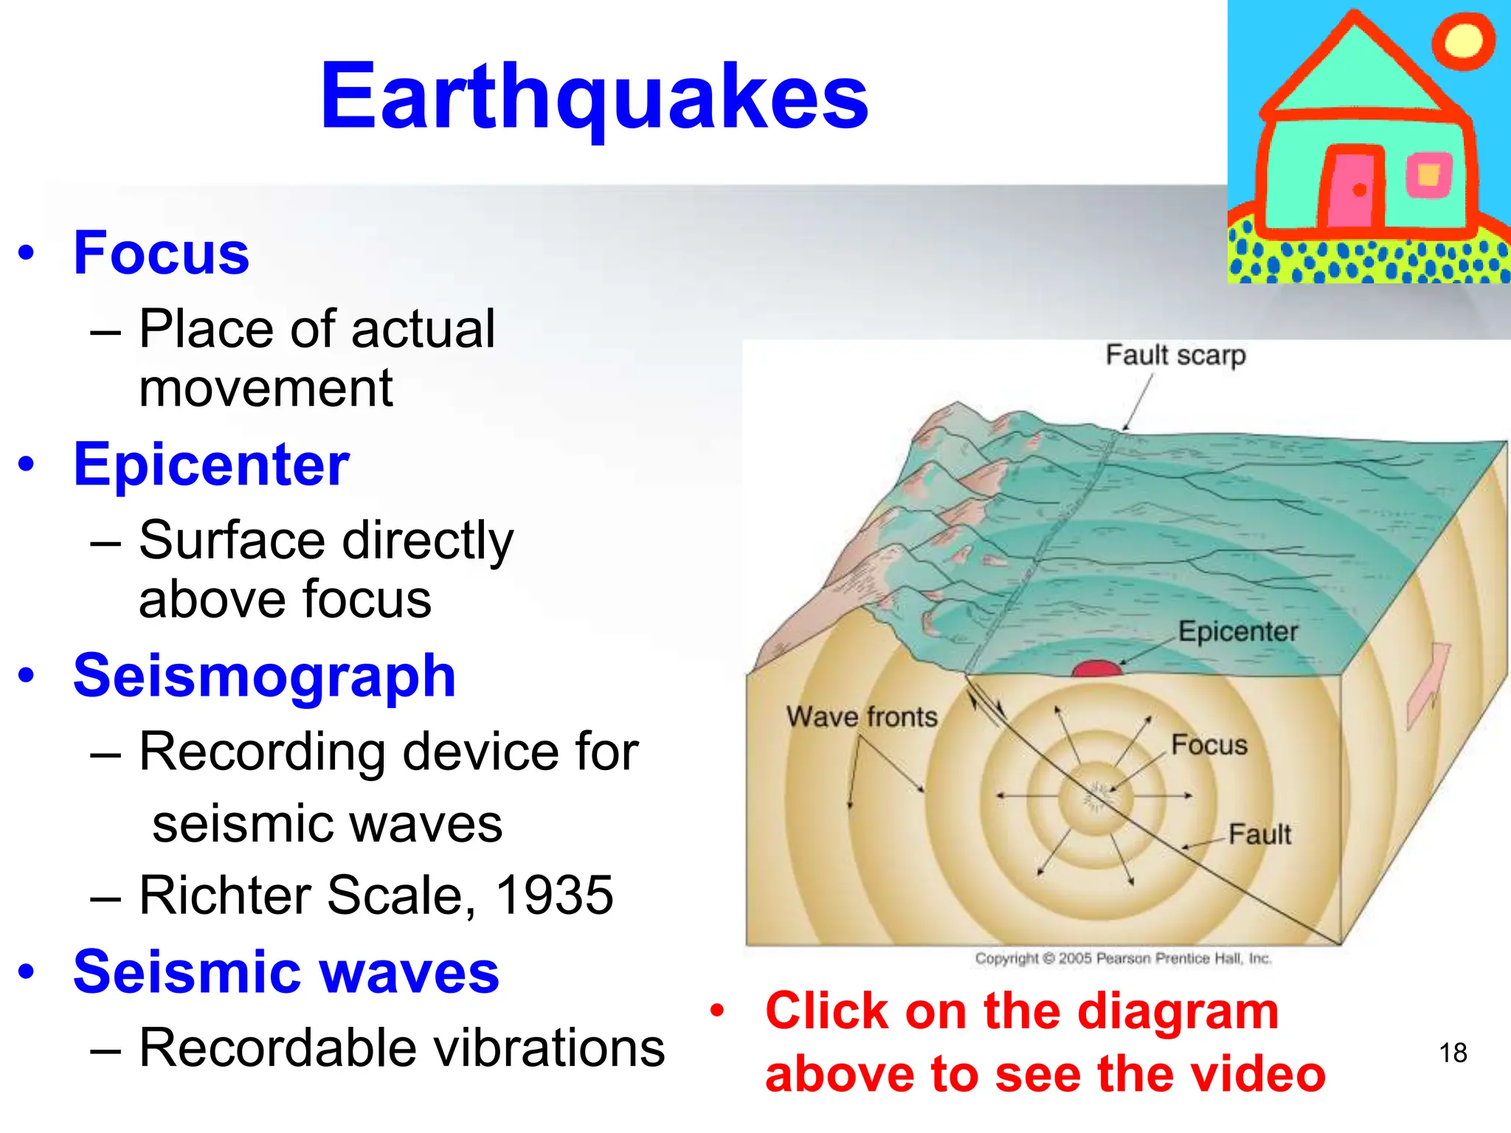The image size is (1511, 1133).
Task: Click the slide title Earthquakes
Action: point(594,96)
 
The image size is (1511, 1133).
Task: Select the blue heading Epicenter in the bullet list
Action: point(211,464)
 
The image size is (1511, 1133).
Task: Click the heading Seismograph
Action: point(264,676)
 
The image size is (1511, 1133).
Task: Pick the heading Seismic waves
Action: point(286,971)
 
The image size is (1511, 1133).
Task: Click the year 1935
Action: point(554,895)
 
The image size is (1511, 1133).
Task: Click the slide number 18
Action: point(1453,1053)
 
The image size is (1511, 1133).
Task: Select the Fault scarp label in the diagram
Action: point(1175,355)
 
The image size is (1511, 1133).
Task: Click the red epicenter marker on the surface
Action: point(1096,668)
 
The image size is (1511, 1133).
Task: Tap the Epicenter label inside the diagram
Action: point(1237,631)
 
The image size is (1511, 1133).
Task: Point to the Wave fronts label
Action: point(861,716)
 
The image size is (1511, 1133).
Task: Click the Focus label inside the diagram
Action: point(1209,745)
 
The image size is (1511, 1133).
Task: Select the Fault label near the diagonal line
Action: point(1259,834)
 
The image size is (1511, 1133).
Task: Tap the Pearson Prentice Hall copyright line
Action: point(1123,958)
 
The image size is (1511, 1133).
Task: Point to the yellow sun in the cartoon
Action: point(1463,41)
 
